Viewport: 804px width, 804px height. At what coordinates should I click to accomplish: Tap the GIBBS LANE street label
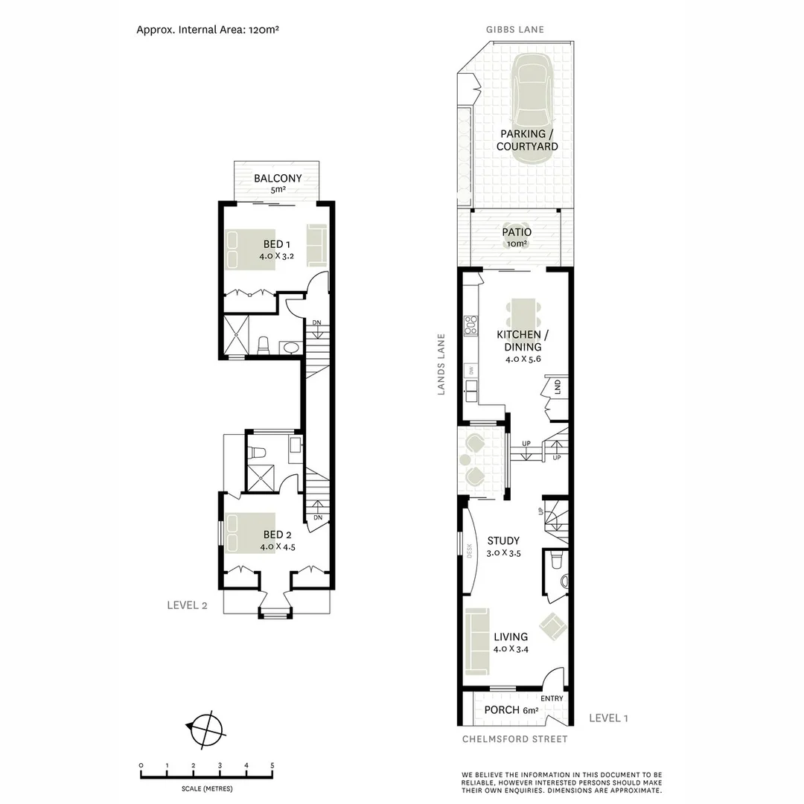(515, 30)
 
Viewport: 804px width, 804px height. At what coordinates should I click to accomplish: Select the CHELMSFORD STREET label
(514, 739)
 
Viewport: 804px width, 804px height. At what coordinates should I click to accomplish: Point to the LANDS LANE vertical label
(441, 364)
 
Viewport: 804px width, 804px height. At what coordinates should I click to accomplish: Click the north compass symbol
(205, 727)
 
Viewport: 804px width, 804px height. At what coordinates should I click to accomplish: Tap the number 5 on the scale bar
(272, 765)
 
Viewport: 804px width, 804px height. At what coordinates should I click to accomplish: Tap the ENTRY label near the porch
(552, 698)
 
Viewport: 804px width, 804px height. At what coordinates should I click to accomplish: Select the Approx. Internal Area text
(208, 30)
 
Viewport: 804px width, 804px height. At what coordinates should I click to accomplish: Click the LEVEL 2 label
(187, 605)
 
